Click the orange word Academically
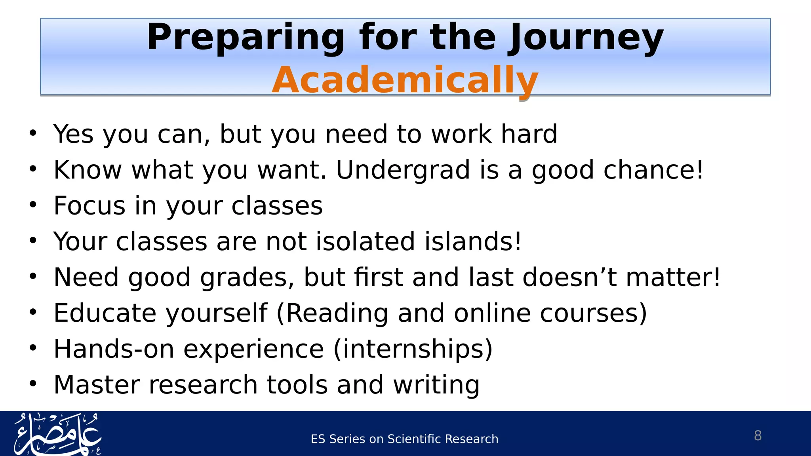coord(405,80)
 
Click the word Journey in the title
coord(585,38)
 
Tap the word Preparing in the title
coord(246,38)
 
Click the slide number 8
coord(758,435)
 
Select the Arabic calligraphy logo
coord(58,434)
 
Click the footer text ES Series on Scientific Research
coord(404,439)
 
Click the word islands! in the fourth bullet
coord(473,241)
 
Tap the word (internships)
coord(413,349)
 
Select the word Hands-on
coord(114,349)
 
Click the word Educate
coord(105,313)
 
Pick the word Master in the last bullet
coord(97,385)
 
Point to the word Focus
coord(89,206)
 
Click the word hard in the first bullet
coord(529,134)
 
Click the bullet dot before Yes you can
coord(33,133)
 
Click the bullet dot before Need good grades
coord(33,277)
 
